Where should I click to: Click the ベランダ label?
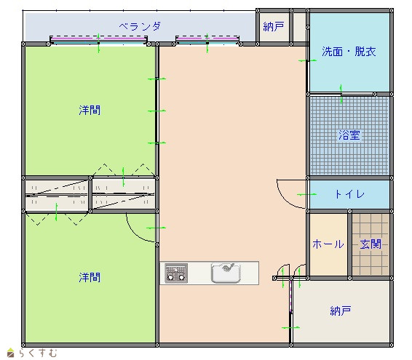pyautogui.click(x=140, y=26)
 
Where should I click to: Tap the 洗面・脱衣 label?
pyautogui.click(x=349, y=52)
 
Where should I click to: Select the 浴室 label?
pyautogui.click(x=349, y=135)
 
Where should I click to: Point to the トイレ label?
pyautogui.click(x=349, y=194)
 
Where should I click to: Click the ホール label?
pyautogui.click(x=328, y=244)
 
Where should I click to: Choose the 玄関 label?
pyautogui.click(x=371, y=244)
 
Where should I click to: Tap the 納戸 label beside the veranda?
pyautogui.click(x=274, y=26)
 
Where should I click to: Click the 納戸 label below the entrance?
pyautogui.click(x=341, y=311)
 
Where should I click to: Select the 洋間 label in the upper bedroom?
pyautogui.click(x=90, y=110)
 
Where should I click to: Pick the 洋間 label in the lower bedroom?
pyautogui.click(x=90, y=277)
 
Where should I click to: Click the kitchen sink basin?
pyautogui.click(x=226, y=273)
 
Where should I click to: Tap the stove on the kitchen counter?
pyautogui.click(x=176, y=273)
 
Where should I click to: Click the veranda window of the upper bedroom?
pyautogui.click(x=98, y=40)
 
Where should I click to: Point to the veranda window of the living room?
pyautogui.click(x=207, y=40)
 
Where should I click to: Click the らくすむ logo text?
pyautogui.click(x=38, y=353)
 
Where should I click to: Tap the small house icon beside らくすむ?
pyautogui.click(x=10, y=353)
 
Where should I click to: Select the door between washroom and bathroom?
pyautogui.click(x=341, y=94)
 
